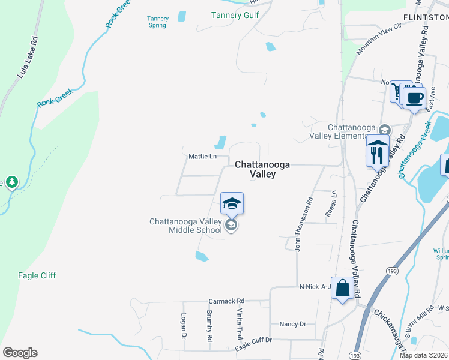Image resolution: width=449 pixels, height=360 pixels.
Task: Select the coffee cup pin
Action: coord(414,98)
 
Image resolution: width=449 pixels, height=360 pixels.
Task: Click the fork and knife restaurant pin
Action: coord(377,155)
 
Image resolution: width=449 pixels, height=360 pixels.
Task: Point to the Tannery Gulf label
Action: coord(234,15)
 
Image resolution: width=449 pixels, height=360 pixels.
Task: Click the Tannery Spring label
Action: coord(158,22)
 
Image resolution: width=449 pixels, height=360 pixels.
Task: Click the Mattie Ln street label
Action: coord(203,157)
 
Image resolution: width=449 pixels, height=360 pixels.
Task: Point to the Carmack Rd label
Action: coord(226,301)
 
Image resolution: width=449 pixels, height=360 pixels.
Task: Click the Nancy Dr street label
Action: coord(293,324)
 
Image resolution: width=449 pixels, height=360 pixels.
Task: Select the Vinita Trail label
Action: coord(239,324)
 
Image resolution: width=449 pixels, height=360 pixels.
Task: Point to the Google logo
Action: coord(20,353)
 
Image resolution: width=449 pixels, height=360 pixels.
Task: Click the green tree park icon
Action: coord(11,182)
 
